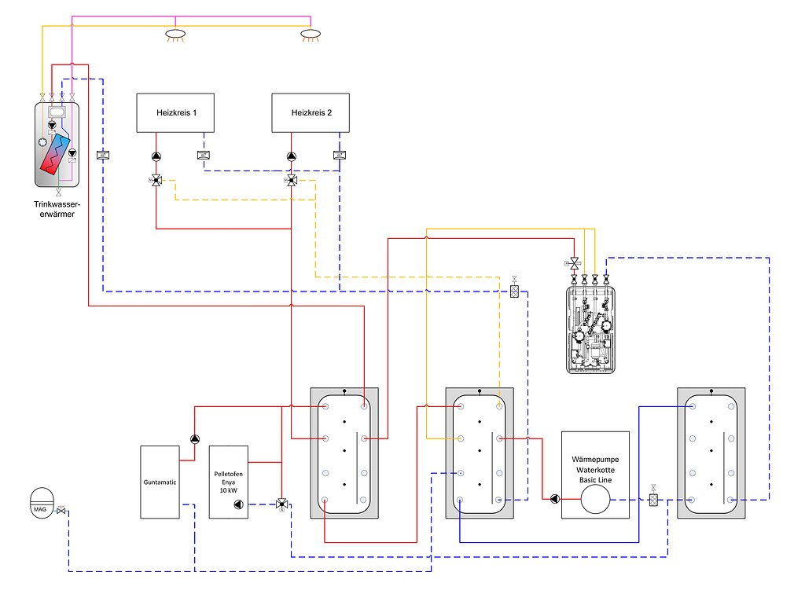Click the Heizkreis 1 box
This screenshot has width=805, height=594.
point(178,113)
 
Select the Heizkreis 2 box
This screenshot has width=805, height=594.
point(311,113)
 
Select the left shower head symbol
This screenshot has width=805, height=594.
point(175,34)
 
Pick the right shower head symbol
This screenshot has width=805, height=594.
point(311,34)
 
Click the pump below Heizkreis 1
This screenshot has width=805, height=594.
point(156,156)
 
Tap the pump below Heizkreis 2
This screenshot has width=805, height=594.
point(292,156)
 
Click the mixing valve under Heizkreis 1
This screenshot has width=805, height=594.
point(156,181)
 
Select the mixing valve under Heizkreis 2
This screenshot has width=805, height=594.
point(292,181)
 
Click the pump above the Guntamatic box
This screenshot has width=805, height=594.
point(194,440)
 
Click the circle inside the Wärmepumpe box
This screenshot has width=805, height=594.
point(595,498)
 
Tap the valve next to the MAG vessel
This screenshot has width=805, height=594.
point(62,513)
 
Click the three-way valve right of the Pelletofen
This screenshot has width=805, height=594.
point(281,504)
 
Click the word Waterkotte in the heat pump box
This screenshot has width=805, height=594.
point(595,469)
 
